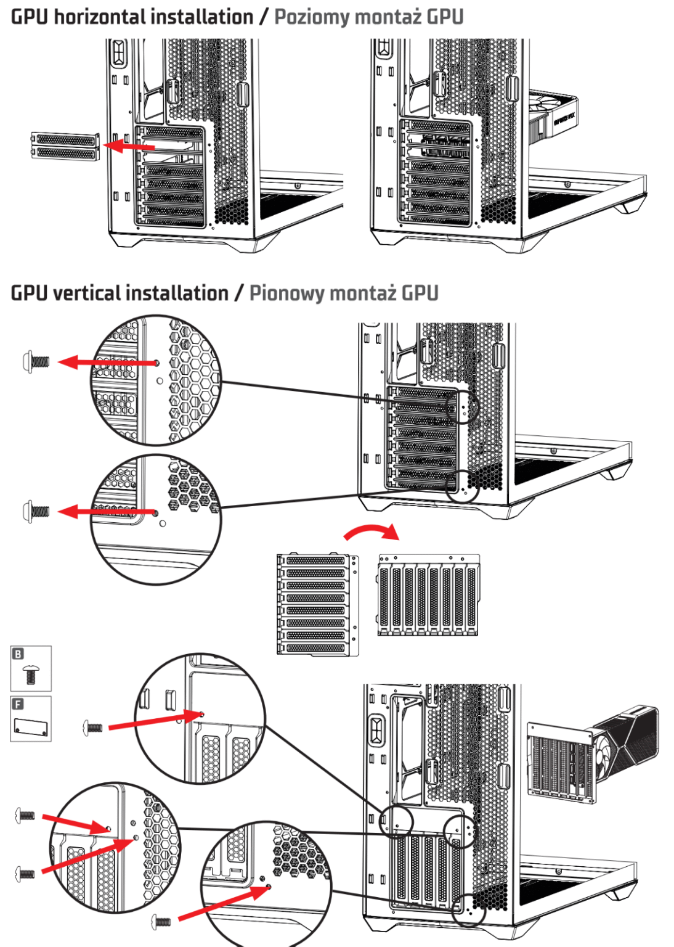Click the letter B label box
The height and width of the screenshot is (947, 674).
pyautogui.click(x=18, y=654)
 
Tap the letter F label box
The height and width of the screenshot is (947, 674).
pyautogui.click(x=18, y=704)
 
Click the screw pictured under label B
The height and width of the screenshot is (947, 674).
pyautogui.click(x=31, y=675)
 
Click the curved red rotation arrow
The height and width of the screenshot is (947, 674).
pyautogui.click(x=372, y=531)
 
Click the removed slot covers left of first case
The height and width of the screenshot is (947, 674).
pyautogui.click(x=65, y=146)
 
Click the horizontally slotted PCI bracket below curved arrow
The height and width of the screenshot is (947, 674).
pyautogui.click(x=317, y=604)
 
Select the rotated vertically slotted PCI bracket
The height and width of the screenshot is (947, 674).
pyautogui.click(x=428, y=595)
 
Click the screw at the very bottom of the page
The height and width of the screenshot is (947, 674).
pyautogui.click(x=161, y=922)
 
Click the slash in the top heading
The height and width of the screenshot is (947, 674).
pyautogui.click(x=264, y=17)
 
